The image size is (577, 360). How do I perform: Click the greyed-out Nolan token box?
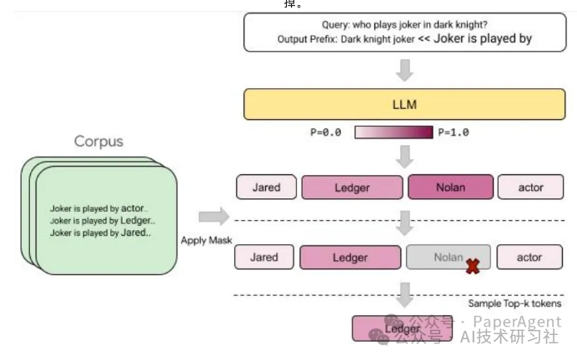click(x=448, y=257)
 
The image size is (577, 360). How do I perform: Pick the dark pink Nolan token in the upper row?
click(x=450, y=187)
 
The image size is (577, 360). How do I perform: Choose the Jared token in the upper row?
click(x=264, y=187)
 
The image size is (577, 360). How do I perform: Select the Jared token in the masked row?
click(x=264, y=257)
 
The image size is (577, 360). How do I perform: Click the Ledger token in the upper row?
click(x=351, y=187)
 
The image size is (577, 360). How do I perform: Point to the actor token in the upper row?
click(x=530, y=187)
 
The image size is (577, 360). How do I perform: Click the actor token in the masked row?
click(x=529, y=257)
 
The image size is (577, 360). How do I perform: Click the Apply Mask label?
click(x=205, y=240)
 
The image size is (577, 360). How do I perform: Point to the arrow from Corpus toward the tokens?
click(x=213, y=217)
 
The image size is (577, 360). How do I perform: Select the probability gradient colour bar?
click(x=394, y=132)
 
